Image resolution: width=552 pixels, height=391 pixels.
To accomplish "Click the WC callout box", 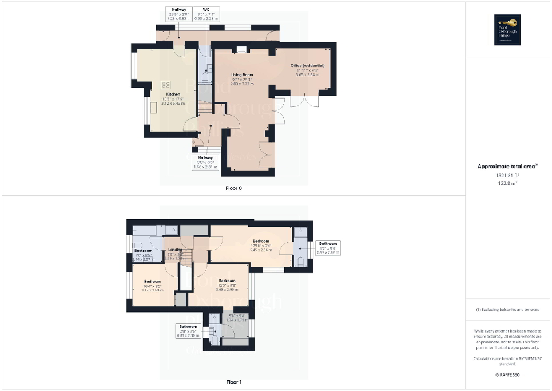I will pyautogui.click(x=205, y=14).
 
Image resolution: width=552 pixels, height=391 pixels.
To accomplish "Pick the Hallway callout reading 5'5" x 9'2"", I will pyautogui.click(x=205, y=162).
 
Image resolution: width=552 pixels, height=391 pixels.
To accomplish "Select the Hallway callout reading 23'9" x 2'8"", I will pyautogui.click(x=177, y=14).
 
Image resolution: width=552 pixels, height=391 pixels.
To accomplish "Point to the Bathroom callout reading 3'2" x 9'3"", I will pyautogui.click(x=328, y=248).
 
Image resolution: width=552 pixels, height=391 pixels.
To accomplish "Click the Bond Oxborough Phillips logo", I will pyautogui.click(x=506, y=29).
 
